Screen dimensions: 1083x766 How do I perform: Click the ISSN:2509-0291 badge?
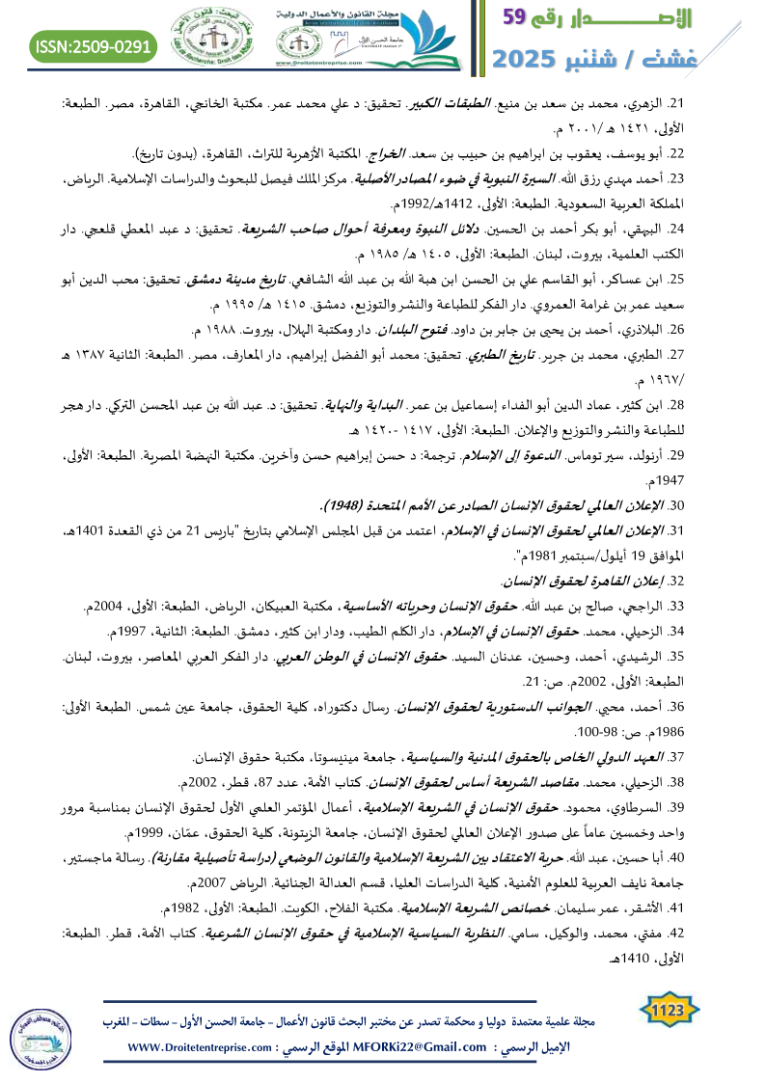[x=94, y=44]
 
